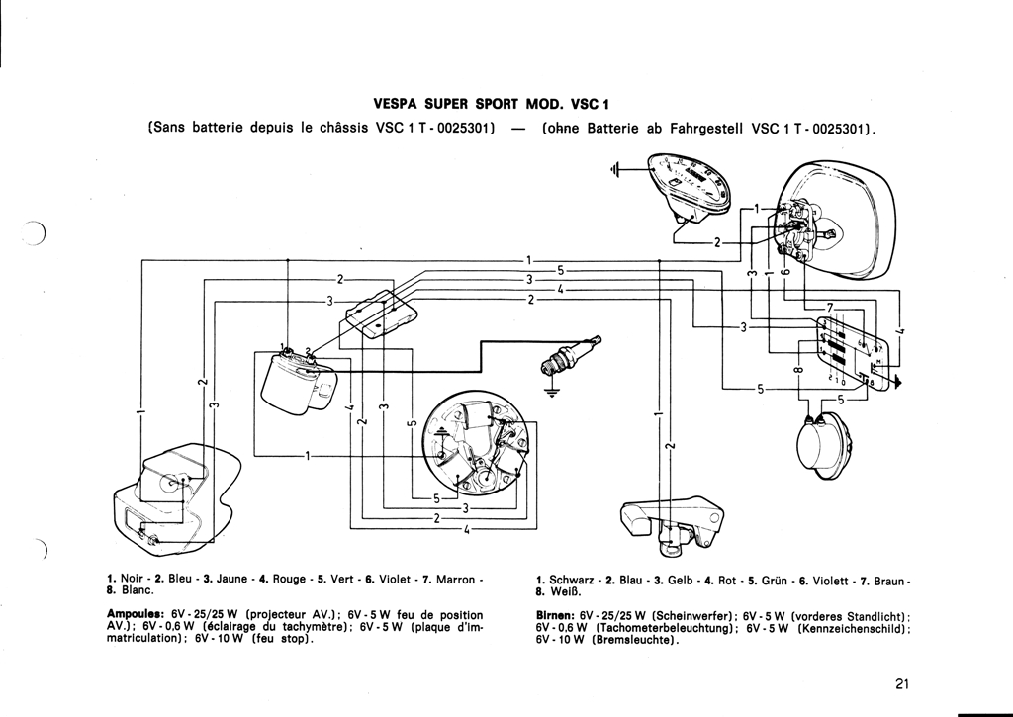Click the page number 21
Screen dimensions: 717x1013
click(x=900, y=683)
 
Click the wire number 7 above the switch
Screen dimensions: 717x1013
click(x=831, y=307)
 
